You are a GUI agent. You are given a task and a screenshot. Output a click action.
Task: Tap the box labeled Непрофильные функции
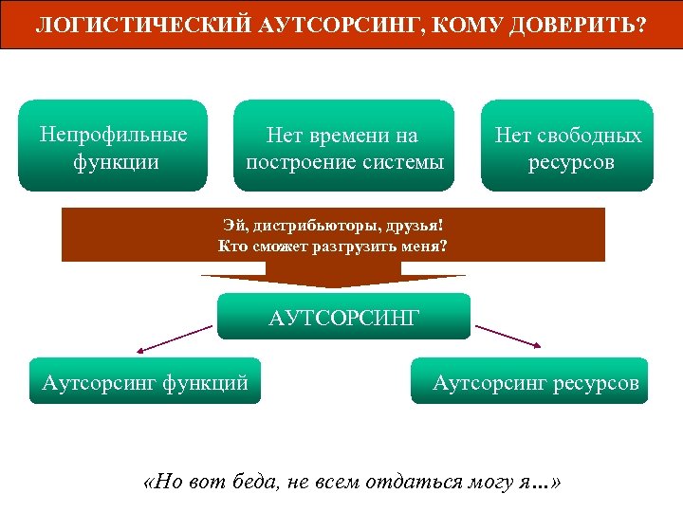(113, 145)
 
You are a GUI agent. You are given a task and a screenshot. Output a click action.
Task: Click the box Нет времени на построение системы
(343, 147)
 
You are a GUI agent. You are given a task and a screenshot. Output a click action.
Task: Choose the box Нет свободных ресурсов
(567, 147)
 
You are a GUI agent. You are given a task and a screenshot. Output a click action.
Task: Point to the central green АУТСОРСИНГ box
(343, 316)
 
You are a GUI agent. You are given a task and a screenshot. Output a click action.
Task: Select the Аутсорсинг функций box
(145, 381)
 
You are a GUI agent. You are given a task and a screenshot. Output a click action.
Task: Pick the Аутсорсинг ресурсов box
(534, 381)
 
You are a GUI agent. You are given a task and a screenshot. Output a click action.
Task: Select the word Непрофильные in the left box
(113, 134)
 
